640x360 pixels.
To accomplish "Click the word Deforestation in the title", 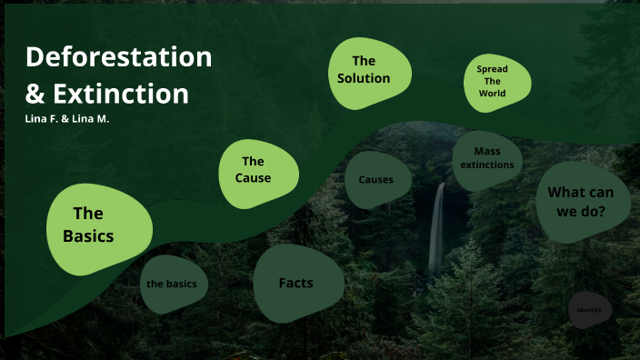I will [118, 57].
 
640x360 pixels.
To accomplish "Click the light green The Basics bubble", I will [97, 227].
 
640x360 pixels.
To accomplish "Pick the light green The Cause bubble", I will [258, 171].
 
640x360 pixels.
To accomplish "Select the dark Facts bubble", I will [297, 283].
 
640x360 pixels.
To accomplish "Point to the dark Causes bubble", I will [376, 179].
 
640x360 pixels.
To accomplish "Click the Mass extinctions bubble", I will [487, 159].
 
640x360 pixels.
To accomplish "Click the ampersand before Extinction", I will [35, 94].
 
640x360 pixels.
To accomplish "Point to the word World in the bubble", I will [492, 94].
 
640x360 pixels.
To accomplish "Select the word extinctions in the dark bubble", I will [487, 165].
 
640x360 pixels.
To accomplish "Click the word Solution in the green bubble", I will [364, 78].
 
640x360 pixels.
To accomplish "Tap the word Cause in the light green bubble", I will [254, 178].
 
